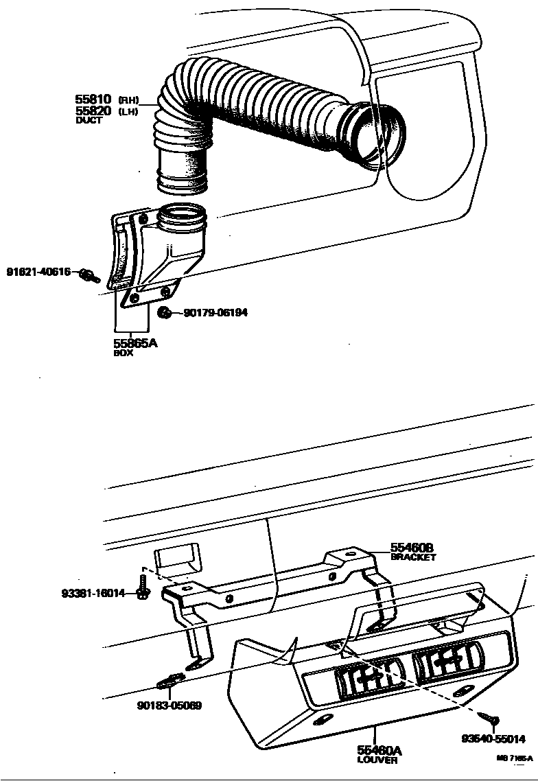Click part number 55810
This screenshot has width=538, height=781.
93,100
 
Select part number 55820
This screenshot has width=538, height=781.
93,110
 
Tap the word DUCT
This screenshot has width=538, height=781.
89,120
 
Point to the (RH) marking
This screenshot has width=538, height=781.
128,100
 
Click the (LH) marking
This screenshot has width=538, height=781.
128,111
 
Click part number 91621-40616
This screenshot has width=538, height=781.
38,271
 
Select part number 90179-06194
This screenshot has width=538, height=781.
215,313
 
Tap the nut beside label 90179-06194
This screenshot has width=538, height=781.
165,313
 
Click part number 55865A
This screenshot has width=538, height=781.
134,343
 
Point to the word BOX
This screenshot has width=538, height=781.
124,353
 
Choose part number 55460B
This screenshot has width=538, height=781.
412,548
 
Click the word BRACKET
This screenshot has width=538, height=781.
413,557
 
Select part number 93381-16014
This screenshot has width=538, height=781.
93,593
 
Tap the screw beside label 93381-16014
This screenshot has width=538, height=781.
143,591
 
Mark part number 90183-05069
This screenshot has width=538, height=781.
169,705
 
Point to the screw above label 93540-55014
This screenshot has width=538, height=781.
493,721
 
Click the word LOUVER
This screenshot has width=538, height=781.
377,760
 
